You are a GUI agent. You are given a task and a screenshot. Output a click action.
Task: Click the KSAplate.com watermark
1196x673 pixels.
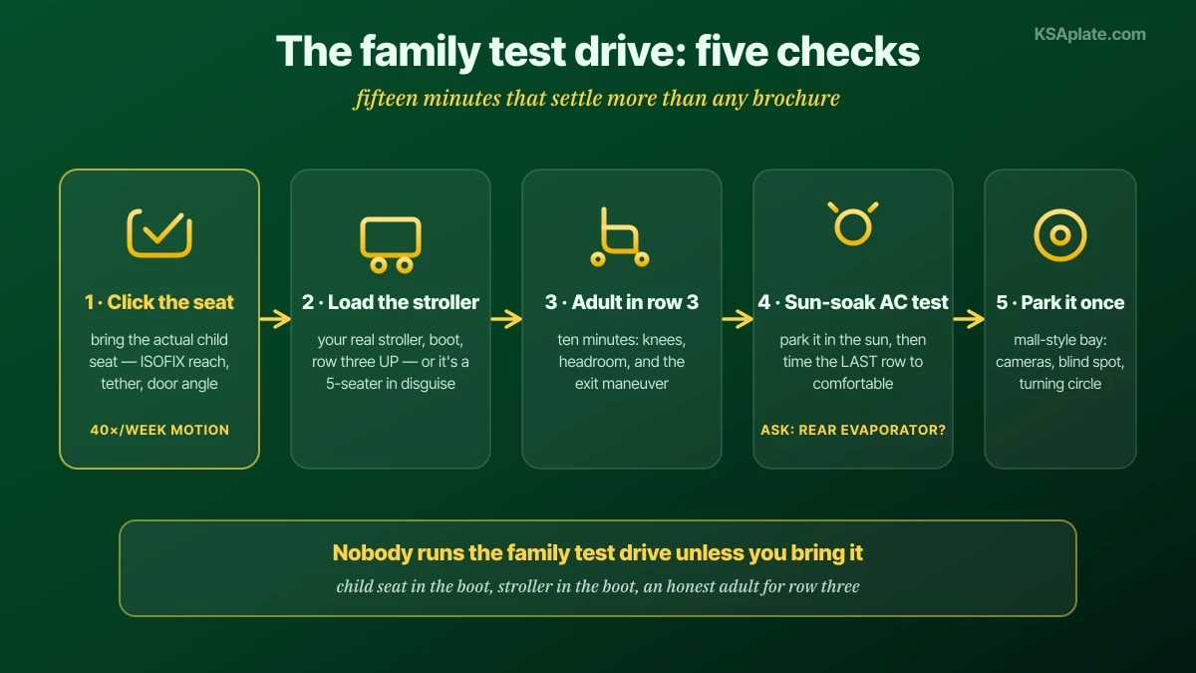click(1089, 34)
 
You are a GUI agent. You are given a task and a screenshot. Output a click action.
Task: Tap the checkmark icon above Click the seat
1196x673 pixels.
click(159, 233)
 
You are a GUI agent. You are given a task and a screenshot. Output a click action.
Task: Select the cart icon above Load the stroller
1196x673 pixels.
click(391, 244)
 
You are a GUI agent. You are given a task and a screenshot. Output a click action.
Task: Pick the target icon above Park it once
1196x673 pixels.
click(1059, 235)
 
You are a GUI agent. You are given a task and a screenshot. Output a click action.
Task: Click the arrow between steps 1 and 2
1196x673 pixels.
click(275, 319)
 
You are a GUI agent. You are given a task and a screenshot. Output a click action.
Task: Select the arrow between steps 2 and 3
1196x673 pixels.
click(506, 319)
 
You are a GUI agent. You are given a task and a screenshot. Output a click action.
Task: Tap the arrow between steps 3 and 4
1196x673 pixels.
click(738, 319)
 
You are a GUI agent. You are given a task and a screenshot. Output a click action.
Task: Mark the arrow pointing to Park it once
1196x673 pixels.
click(969, 319)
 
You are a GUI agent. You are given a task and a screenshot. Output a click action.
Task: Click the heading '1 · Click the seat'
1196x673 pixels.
click(159, 302)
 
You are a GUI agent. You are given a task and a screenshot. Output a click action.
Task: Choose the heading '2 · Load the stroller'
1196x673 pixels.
click(391, 302)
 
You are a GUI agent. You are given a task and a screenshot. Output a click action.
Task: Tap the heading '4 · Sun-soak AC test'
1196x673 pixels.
click(853, 302)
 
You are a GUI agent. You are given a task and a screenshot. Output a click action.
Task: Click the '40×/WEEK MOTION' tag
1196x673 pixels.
click(159, 430)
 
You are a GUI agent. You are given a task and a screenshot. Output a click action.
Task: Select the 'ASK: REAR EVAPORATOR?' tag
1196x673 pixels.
click(853, 430)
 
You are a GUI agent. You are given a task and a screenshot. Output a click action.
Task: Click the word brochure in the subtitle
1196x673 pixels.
click(795, 99)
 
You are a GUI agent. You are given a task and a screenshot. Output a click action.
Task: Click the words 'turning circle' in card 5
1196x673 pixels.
click(1059, 384)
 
